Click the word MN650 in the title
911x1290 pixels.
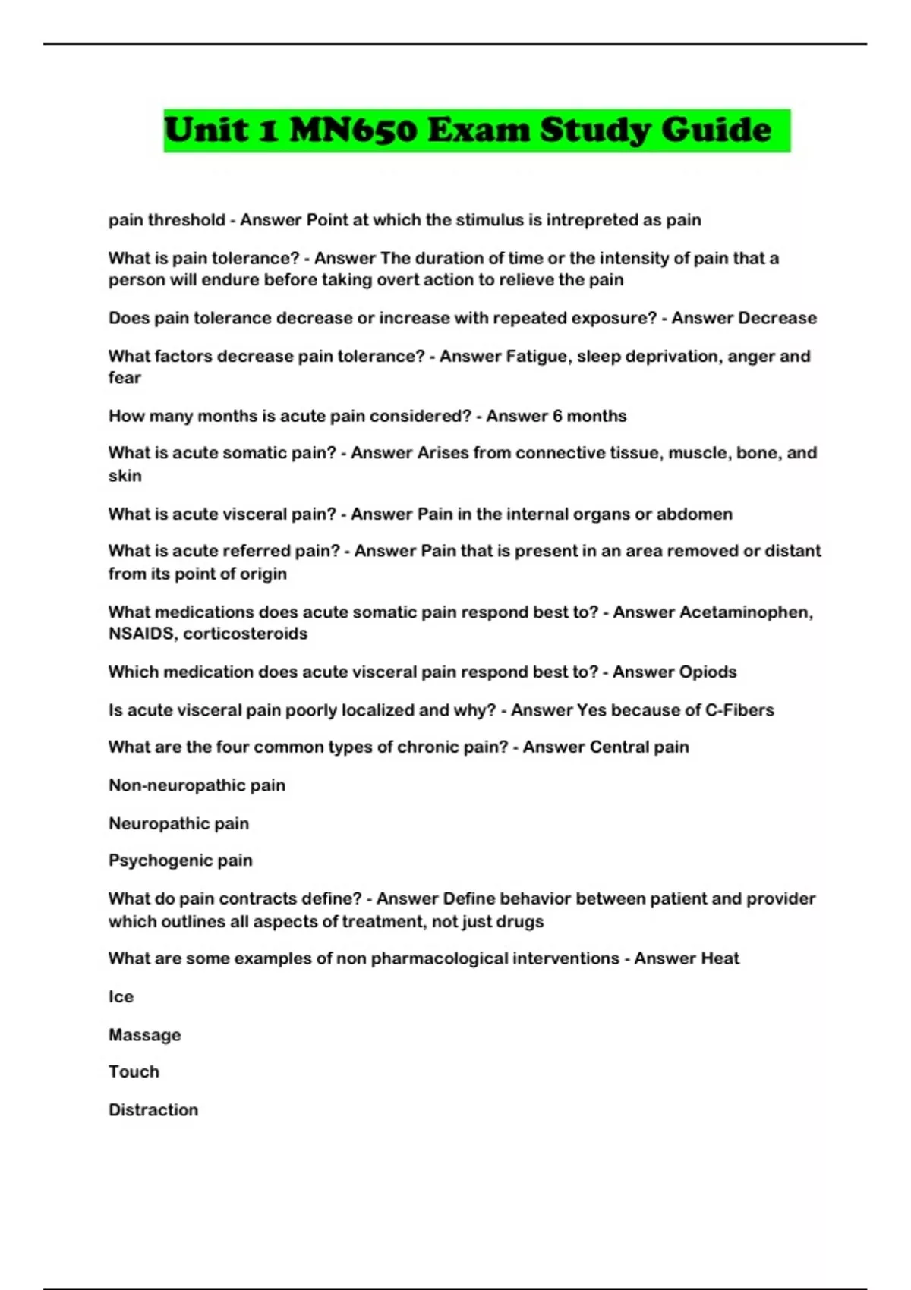(x=353, y=130)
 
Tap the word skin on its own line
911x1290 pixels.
(x=125, y=476)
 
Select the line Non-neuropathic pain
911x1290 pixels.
(x=197, y=785)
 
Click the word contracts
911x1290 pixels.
(x=256, y=898)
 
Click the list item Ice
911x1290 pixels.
(x=121, y=996)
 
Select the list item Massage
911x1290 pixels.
(x=144, y=1035)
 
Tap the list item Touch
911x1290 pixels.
(x=134, y=1071)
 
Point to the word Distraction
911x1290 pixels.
(x=153, y=1109)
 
